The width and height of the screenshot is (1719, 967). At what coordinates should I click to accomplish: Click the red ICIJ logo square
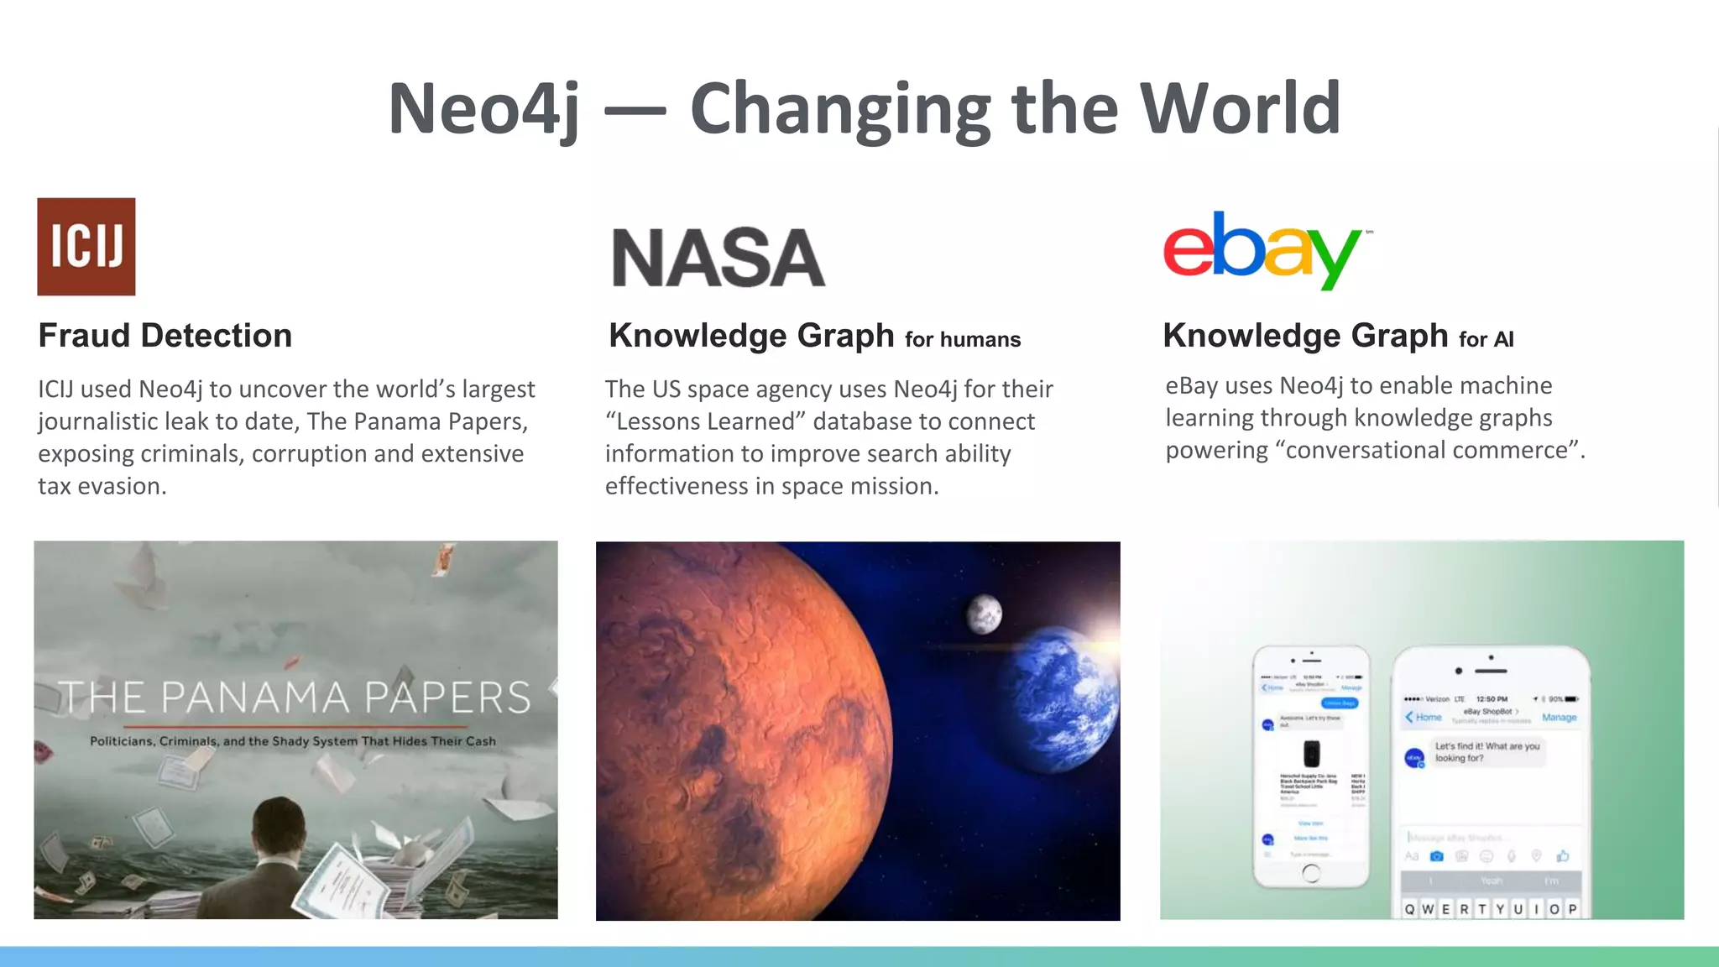[86, 246]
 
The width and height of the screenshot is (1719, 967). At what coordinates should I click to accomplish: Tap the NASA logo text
[718, 258]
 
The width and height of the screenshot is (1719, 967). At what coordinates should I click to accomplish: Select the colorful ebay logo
[1263, 250]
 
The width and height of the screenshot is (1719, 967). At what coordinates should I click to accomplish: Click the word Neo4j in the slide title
[484, 109]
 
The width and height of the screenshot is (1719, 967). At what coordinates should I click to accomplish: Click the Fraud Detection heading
[165, 336]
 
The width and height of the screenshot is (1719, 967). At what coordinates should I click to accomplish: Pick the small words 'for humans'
[963, 340]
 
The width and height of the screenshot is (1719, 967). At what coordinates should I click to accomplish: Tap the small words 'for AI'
[1486, 340]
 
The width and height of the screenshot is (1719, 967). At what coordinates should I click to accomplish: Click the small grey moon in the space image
[983, 614]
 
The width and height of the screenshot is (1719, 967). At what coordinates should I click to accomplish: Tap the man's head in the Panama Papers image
[279, 831]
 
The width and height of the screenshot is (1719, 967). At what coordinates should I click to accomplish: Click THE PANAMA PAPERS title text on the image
[295, 698]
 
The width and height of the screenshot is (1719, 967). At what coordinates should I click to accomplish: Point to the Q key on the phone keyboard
[1409, 909]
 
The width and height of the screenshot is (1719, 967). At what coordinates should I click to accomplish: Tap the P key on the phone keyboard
[1572, 909]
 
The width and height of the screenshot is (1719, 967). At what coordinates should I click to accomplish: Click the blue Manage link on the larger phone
[1559, 718]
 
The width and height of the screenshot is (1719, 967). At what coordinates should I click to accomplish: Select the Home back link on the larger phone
[1424, 718]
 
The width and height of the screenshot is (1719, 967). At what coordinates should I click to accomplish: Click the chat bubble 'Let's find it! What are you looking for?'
[1486, 752]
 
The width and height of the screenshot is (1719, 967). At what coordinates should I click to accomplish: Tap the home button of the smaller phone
[1310, 873]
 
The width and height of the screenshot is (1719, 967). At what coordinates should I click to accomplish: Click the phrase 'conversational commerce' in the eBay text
[1426, 451]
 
